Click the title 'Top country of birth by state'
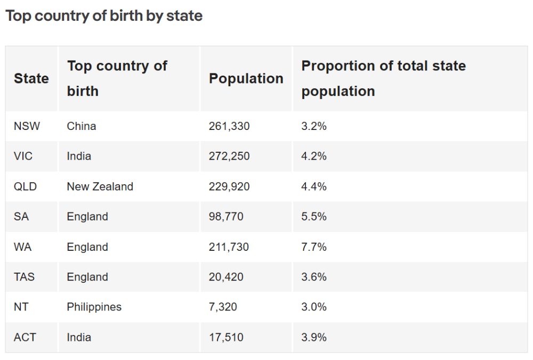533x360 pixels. tap(104, 16)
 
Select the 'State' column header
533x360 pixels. tap(31, 78)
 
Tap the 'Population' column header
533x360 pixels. tap(246, 78)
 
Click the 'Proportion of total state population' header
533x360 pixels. tap(383, 78)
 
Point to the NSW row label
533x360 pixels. tap(27, 126)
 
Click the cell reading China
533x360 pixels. tap(82, 126)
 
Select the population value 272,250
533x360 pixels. tap(229, 156)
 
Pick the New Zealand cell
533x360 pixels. tap(100, 186)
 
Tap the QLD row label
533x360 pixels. tap(26, 186)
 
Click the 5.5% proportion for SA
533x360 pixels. tap(314, 217)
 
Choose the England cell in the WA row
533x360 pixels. tap(87, 247)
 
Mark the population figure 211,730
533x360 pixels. tap(229, 247)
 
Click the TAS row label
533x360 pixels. tap(25, 277)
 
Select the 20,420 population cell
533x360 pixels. tap(226, 277)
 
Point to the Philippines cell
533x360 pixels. tap(94, 307)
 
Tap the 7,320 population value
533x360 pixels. tap(223, 307)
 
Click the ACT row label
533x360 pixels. tap(25, 337)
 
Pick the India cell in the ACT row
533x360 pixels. tap(79, 337)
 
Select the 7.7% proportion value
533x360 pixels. tap(314, 247)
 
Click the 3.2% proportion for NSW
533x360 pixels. tap(314, 126)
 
